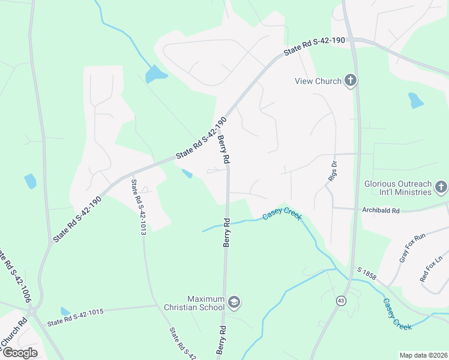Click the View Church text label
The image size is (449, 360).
click(x=318, y=81)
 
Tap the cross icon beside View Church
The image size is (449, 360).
click(x=351, y=81)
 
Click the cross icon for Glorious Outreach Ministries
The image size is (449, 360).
click(x=441, y=188)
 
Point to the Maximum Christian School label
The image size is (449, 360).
click(x=205, y=303)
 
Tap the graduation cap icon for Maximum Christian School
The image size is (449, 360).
click(x=234, y=302)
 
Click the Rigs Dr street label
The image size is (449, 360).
click(x=334, y=170)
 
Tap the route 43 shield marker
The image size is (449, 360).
click(x=341, y=301)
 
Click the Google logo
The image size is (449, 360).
click(x=20, y=352)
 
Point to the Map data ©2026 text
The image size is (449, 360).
click(x=423, y=355)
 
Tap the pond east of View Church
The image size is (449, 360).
click(x=415, y=100)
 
